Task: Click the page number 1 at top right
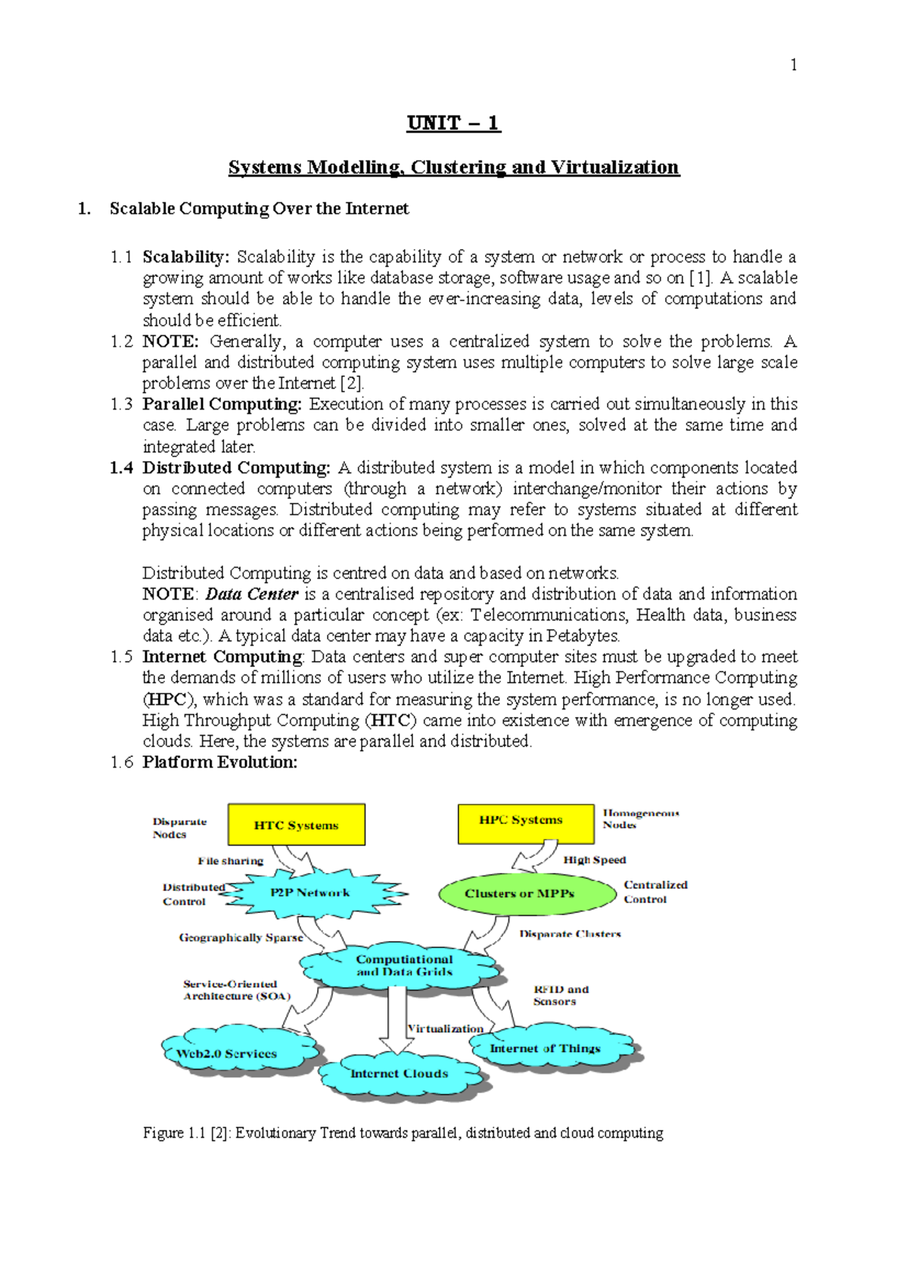click(793, 65)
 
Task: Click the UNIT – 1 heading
click(453, 123)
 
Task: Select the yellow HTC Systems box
click(297, 824)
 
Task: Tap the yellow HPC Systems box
click(525, 823)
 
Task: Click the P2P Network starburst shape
click(310, 893)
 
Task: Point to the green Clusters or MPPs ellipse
click(527, 894)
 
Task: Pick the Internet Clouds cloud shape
click(399, 1074)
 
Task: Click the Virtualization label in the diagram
click(445, 1028)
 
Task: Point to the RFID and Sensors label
click(560, 995)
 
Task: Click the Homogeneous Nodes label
click(640, 818)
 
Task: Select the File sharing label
click(231, 861)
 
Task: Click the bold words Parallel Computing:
click(222, 404)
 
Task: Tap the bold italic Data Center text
click(252, 594)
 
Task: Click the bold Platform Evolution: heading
click(219, 762)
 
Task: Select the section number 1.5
click(121, 657)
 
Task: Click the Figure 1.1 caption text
click(403, 1133)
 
